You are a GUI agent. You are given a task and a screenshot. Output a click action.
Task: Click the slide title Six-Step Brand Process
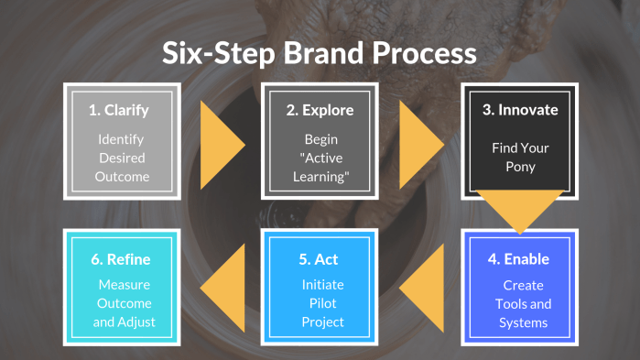[320, 54]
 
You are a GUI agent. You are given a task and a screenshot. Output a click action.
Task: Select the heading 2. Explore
[320, 110]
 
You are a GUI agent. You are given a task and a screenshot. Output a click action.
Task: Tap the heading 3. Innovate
[519, 110]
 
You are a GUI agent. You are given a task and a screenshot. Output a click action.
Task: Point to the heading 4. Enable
[518, 259]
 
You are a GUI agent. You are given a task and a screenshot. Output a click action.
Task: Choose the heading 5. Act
[320, 259]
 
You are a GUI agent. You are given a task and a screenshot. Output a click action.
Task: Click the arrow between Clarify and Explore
[222, 141]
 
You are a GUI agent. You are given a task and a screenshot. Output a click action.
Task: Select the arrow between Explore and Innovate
[421, 141]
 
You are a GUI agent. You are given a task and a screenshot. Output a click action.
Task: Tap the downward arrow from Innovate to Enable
[519, 209]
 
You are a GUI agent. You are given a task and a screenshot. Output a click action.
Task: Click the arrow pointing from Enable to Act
[422, 289]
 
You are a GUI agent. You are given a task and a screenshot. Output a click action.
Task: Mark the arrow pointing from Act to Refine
[223, 289]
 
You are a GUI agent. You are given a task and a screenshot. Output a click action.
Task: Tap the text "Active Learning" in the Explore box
[320, 168]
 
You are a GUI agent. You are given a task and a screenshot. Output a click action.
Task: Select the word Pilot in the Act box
[320, 303]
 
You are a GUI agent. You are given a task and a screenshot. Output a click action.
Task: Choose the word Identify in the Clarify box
[122, 139]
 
